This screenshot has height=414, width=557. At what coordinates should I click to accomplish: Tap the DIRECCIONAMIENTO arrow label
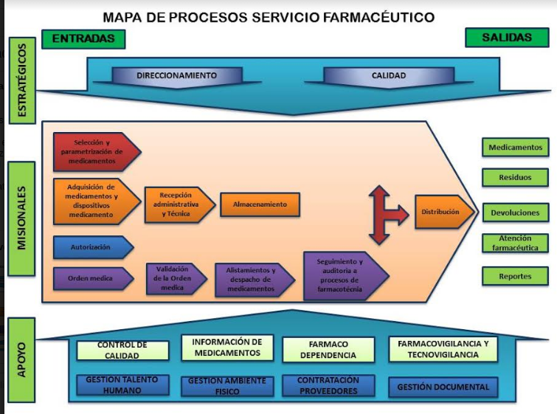coord(177,75)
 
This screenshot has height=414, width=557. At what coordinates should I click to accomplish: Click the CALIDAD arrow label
coord(389,75)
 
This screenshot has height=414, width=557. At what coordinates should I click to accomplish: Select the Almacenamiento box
coord(260,204)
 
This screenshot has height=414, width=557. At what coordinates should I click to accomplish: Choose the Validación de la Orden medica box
coord(173,279)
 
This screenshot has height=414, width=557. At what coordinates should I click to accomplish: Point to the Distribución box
coord(442,212)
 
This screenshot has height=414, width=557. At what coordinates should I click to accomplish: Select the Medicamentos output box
coord(516,148)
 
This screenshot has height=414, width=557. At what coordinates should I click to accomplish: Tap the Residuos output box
coord(516,178)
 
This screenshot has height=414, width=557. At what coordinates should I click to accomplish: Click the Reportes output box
coord(516,276)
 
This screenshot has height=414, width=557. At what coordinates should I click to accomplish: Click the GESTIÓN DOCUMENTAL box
coord(443,387)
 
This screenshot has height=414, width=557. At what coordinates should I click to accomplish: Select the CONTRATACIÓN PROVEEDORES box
coord(328,386)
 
